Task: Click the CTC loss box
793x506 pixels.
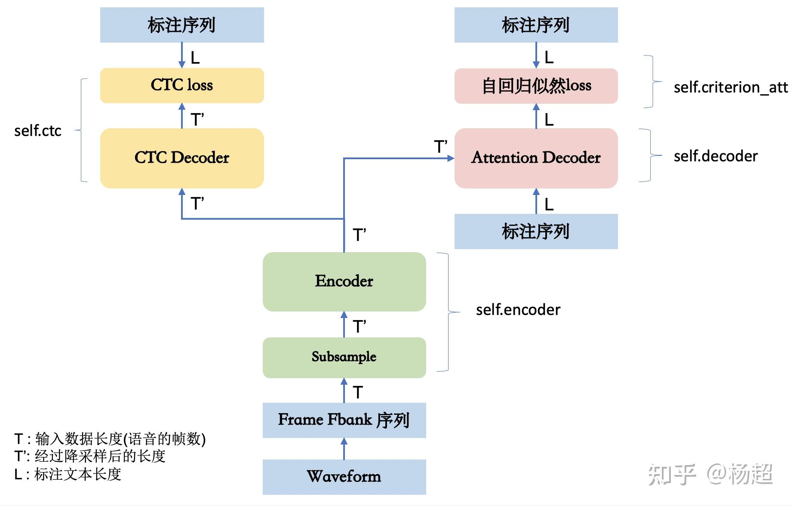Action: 182,85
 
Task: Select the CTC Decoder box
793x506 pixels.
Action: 182,158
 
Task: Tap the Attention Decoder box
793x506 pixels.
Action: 536,158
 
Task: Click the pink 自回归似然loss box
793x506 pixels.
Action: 536,86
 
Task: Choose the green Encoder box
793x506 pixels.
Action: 344,281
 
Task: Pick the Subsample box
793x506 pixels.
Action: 344,357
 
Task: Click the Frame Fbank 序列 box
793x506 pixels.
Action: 344,420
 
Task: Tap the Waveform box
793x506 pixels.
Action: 344,477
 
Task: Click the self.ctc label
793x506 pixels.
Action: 38,131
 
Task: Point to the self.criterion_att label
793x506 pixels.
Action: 730,87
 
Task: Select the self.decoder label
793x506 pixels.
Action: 716,156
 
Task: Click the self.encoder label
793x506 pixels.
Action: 518,310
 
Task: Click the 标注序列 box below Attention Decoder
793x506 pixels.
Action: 536,231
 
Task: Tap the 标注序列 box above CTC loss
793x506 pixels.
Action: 182,25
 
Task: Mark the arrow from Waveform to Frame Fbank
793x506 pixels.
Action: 344,449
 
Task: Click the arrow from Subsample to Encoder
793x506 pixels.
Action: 344,324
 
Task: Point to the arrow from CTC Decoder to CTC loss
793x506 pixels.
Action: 182,116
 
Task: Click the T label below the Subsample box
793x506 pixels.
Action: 358,392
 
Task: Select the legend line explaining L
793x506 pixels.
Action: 68,475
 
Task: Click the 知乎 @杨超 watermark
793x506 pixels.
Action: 710,474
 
